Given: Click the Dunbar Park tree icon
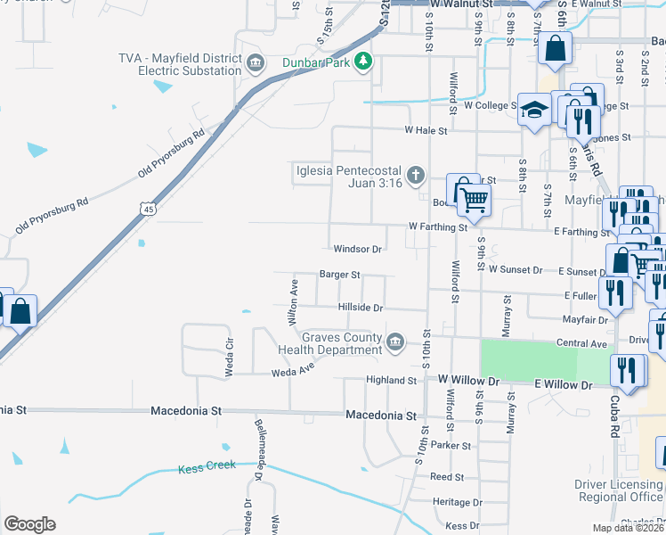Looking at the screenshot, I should tap(362, 62).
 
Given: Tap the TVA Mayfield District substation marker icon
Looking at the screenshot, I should tap(256, 62).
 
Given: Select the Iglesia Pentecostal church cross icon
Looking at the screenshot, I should tap(415, 175).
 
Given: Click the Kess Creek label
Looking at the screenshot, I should tap(207, 465).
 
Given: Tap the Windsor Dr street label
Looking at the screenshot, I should tap(357, 249).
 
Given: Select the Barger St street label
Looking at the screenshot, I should tap(340, 275).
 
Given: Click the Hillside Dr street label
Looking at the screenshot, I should tap(360, 308).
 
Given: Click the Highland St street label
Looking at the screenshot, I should tap(392, 381).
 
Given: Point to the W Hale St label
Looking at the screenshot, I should tap(425, 130).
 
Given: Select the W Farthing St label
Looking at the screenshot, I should tap(438, 227).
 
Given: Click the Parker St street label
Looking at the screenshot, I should tap(450, 444).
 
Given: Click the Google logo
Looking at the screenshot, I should tap(29, 524).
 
